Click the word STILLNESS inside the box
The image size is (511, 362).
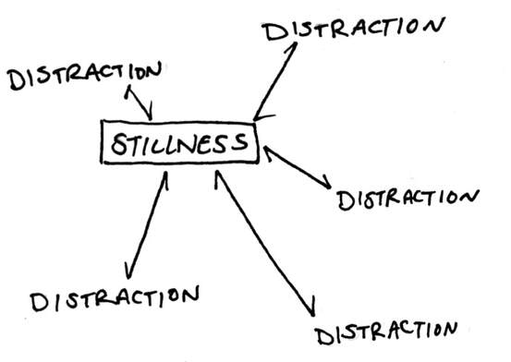coord(179,143)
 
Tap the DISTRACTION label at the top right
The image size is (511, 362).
coord(354,29)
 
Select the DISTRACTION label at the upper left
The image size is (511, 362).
coord(85,76)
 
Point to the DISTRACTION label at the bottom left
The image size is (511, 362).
coord(115,297)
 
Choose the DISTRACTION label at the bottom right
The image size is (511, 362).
coord(387,333)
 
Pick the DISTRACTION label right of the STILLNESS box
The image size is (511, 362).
coord(408,199)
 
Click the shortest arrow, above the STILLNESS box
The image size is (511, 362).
coord(140,103)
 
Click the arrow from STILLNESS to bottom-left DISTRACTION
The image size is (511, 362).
coord(147,224)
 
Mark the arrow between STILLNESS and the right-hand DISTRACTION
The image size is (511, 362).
coord(298,167)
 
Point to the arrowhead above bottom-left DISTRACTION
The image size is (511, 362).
coord(129,271)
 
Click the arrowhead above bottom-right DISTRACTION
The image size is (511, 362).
coord(311,307)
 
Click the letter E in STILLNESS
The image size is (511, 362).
coord(208,144)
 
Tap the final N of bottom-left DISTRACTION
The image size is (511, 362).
coord(189,295)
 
